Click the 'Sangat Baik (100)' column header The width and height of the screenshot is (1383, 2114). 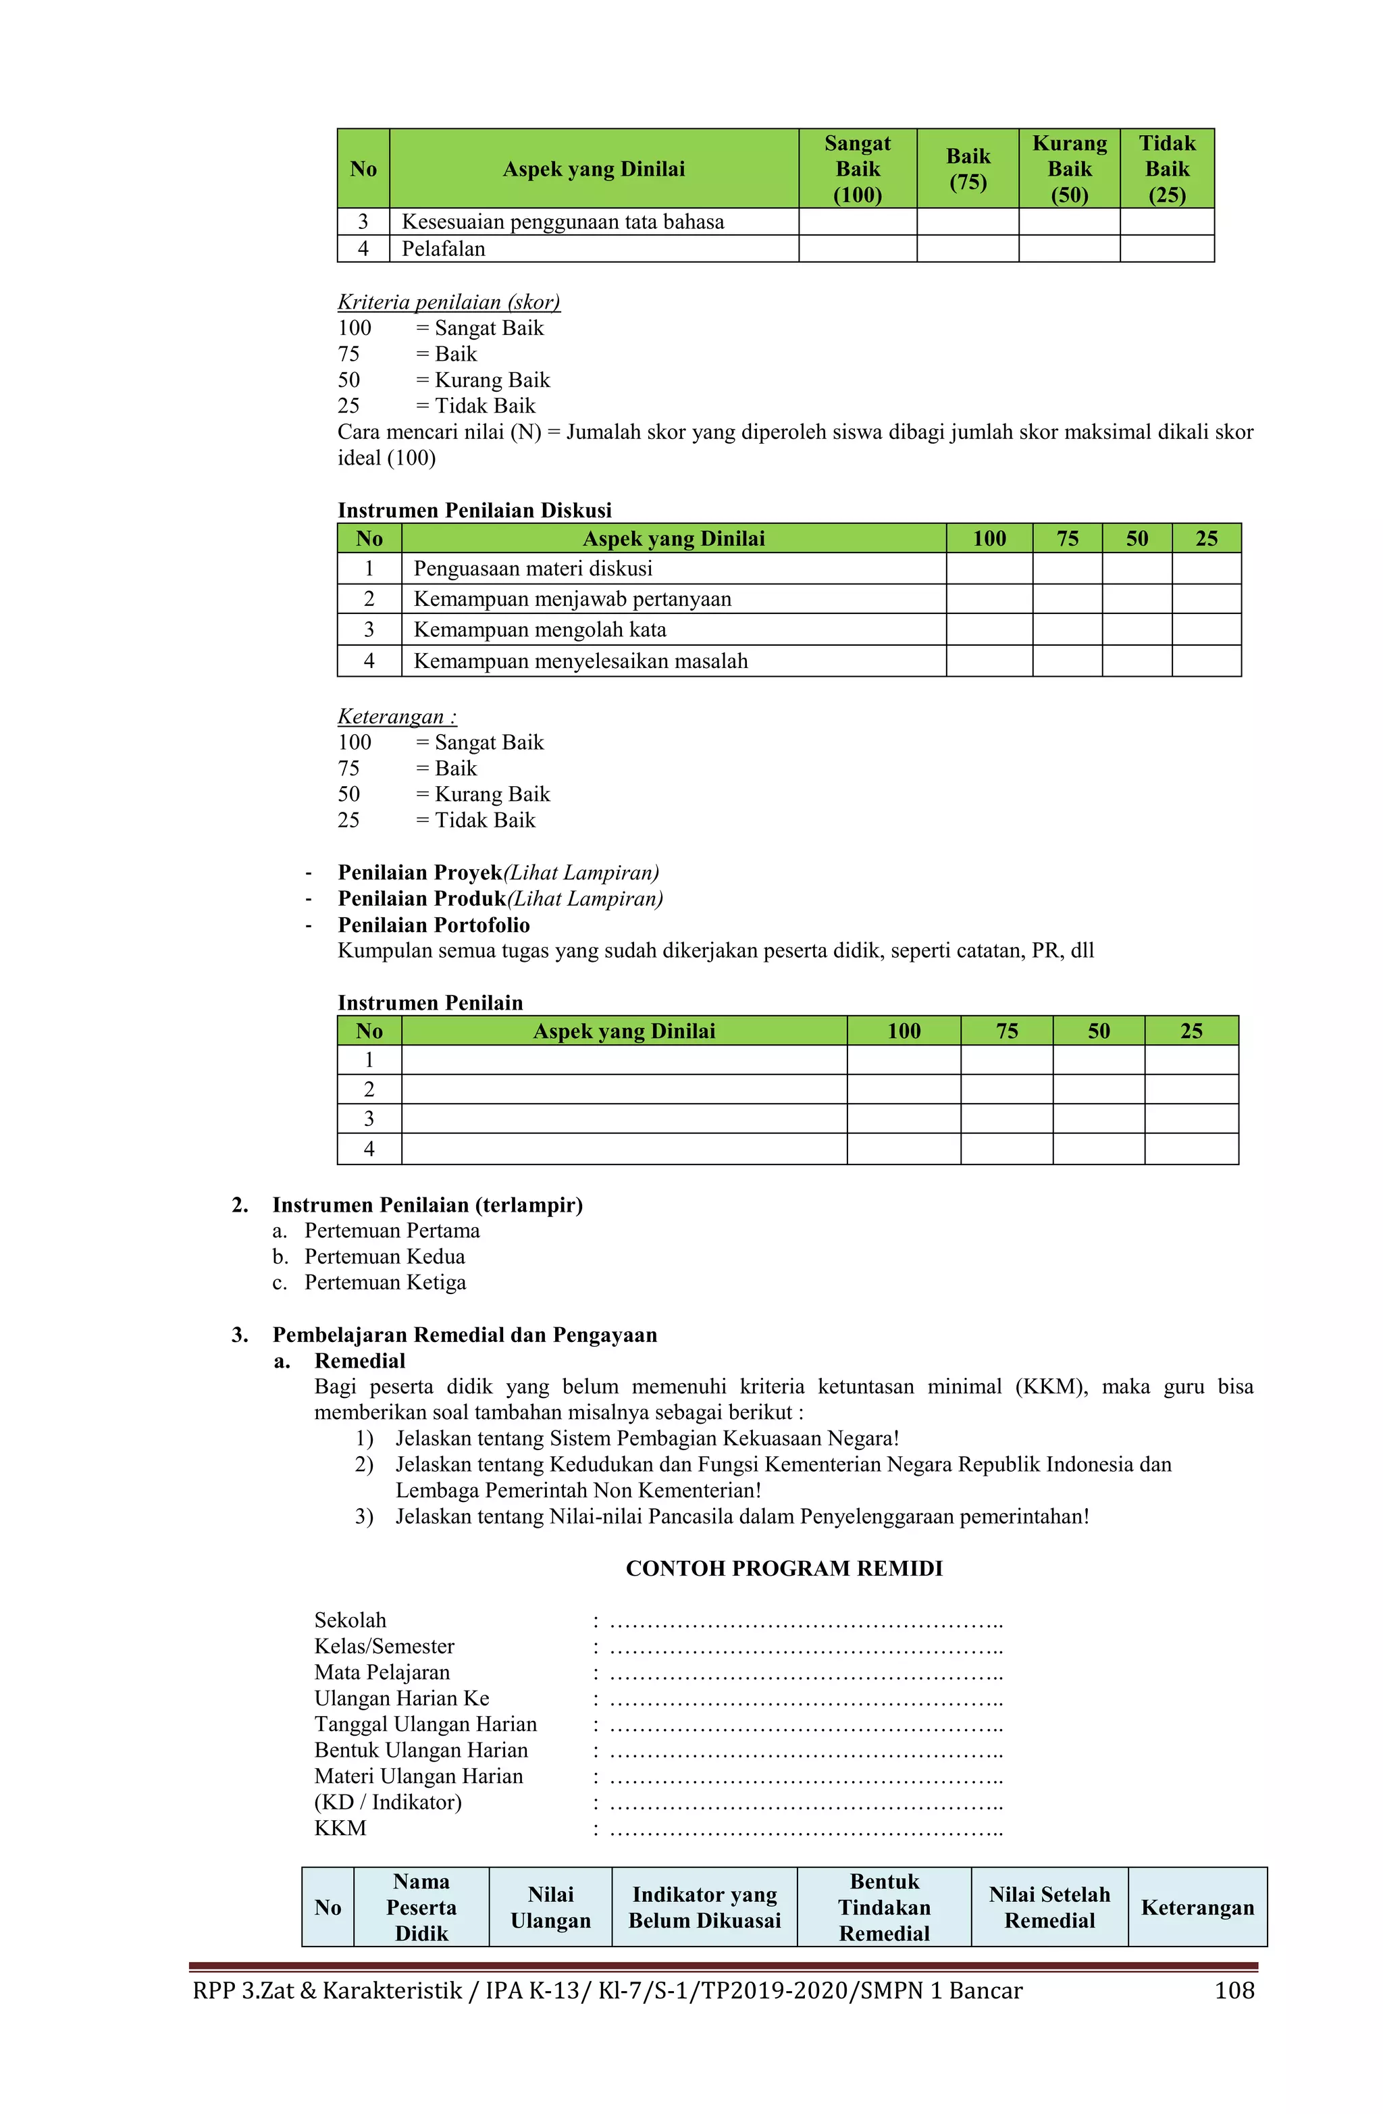pyautogui.click(x=856, y=169)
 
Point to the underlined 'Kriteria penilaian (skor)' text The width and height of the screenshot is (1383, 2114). pyautogui.click(x=448, y=302)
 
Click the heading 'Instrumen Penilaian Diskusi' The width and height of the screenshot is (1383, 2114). pyautogui.click(x=473, y=510)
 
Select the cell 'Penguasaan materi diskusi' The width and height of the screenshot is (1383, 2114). pyautogui.click(x=532, y=569)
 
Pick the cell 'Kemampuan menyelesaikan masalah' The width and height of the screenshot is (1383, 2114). pyautogui.click(x=580, y=661)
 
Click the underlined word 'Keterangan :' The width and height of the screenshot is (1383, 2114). pyautogui.click(x=396, y=716)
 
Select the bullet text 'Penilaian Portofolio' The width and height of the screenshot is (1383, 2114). pyautogui.click(x=433, y=925)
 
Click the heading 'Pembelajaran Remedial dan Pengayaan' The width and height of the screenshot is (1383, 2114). pyautogui.click(x=464, y=1334)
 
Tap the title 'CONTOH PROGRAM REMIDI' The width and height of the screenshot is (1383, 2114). pyautogui.click(x=783, y=1568)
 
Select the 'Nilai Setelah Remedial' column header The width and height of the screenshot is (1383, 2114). pyautogui.click(x=1048, y=1907)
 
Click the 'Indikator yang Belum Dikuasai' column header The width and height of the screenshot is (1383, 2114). pyautogui.click(x=704, y=1907)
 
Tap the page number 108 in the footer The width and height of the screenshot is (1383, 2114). pyautogui.click(x=1233, y=1990)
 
